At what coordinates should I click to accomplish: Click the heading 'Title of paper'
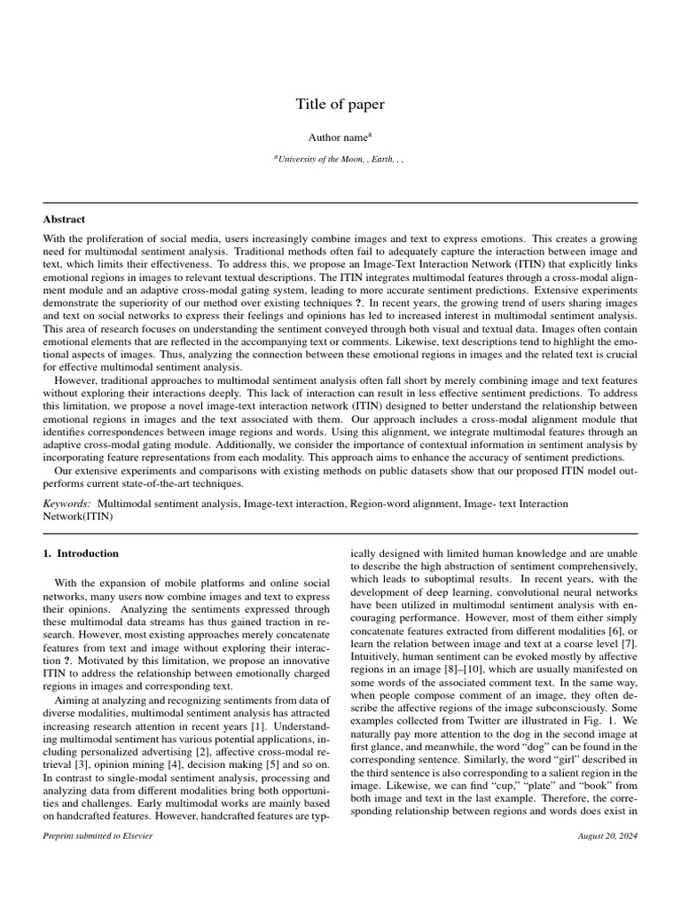[x=340, y=105]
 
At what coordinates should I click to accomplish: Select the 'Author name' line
[x=340, y=137]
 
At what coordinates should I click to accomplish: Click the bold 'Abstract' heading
[x=64, y=219]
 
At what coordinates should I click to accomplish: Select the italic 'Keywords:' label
[x=67, y=503]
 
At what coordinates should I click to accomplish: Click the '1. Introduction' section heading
[x=81, y=553]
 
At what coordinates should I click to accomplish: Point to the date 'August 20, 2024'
[x=607, y=836]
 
